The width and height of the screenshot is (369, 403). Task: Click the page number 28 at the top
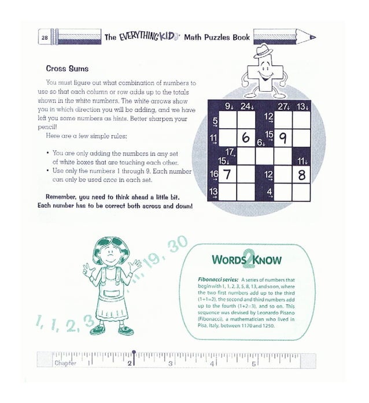45,38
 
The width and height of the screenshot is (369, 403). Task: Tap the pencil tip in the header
313,37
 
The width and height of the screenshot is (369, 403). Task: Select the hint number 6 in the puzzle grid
246,139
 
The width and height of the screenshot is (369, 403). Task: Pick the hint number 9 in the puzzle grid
283,138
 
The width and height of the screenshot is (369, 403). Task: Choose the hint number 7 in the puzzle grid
227,174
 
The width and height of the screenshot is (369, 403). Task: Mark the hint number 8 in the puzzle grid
301,174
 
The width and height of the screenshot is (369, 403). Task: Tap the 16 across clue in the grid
213,174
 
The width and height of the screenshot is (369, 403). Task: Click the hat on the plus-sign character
265,51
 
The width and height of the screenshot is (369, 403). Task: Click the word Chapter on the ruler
65,363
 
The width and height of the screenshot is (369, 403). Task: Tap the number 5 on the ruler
253,363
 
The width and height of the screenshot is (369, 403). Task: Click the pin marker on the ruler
134,353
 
